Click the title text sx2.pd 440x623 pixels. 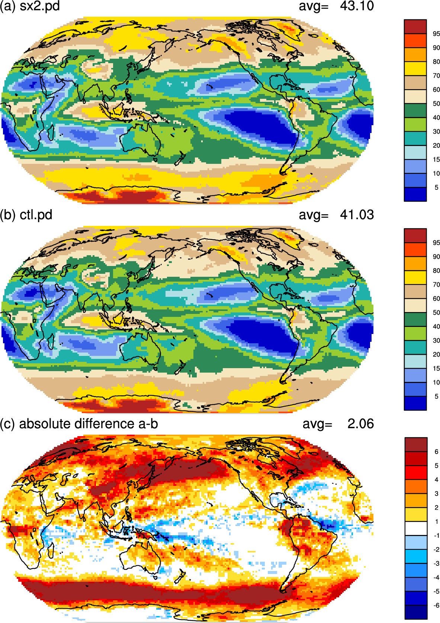coord(40,6)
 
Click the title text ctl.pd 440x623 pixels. coord(36,215)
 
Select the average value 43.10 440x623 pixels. coord(357,6)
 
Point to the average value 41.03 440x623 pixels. coord(357,215)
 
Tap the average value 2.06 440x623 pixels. coord(360,424)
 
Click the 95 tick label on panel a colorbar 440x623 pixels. coord(436,34)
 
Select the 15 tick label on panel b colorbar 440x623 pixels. coord(436,368)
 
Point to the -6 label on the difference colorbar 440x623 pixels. coord(436,605)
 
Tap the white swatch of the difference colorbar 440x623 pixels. coord(416,528)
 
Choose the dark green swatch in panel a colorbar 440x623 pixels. coord(415,110)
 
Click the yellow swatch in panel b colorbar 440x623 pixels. coord(415,278)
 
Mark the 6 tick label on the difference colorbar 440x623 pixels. coord(436,452)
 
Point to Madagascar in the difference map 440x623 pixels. coord(51,551)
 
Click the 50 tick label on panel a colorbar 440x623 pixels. coord(436,104)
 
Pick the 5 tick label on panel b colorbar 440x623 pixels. coord(436,396)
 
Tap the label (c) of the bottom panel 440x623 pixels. coord(7,424)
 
